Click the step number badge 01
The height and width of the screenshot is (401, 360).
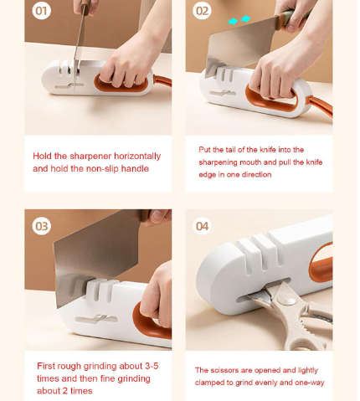(x=42, y=12)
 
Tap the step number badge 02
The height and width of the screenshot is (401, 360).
(x=202, y=12)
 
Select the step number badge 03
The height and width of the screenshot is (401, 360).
(x=42, y=225)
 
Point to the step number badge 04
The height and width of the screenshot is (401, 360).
(x=203, y=225)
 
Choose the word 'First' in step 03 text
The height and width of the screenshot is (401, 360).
(x=48, y=366)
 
